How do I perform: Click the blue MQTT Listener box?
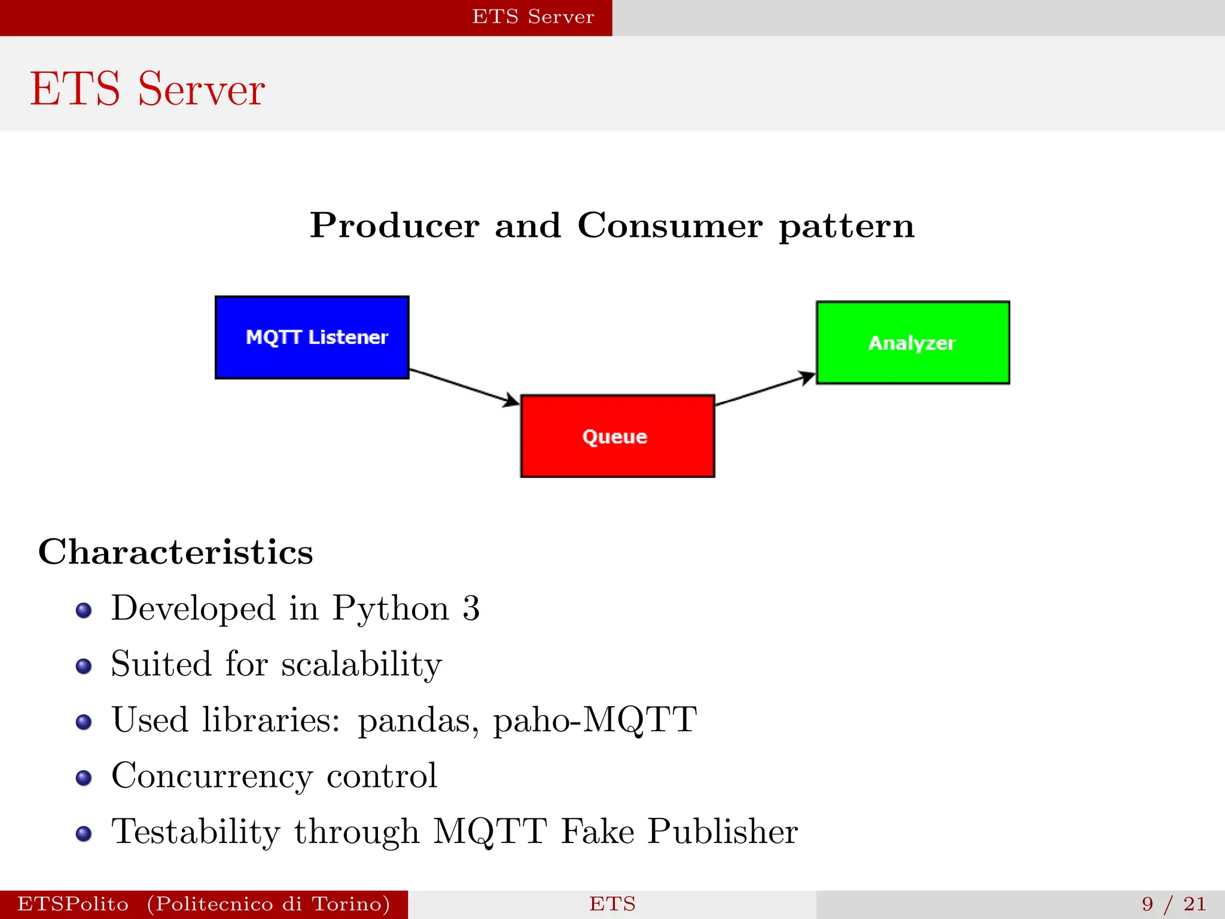coord(312,337)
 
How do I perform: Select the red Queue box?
coord(617,436)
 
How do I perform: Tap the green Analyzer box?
coord(913,342)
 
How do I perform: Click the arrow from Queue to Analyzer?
coord(765,389)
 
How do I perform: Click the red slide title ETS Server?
coord(147,89)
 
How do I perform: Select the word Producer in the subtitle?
coord(394,226)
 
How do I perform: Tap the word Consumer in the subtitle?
coord(670,226)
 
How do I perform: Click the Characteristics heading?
coord(175,551)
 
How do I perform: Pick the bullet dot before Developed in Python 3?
coord(84,610)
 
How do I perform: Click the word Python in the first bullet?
coord(391,609)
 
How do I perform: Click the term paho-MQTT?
coord(595,720)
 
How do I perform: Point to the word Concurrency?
coord(212,777)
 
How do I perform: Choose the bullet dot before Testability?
coord(84,833)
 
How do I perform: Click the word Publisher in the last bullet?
coord(723,832)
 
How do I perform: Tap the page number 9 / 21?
coord(1174,903)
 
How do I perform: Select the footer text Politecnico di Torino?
coord(269,903)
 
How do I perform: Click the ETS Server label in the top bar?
coord(533,17)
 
